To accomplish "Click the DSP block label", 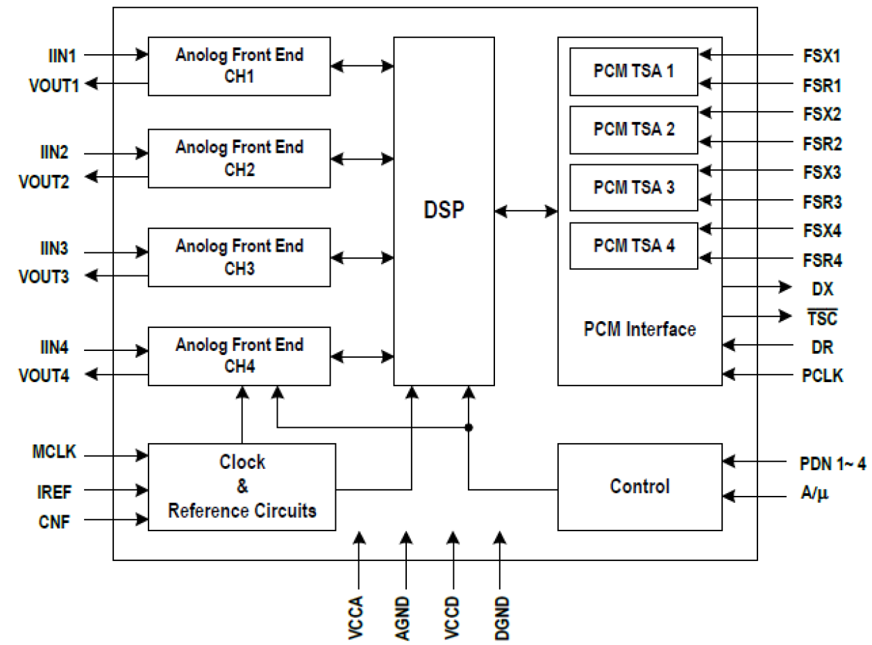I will [x=444, y=210].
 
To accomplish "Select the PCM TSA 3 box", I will [x=633, y=187].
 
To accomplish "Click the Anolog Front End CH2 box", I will [x=239, y=158].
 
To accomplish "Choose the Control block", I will [x=639, y=486].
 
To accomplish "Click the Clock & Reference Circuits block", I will [x=242, y=486].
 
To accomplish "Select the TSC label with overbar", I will [x=823, y=318].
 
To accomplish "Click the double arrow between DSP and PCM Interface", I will [x=526, y=210].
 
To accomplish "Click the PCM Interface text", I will [x=639, y=328].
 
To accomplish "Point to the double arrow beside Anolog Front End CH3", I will [x=362, y=257].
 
